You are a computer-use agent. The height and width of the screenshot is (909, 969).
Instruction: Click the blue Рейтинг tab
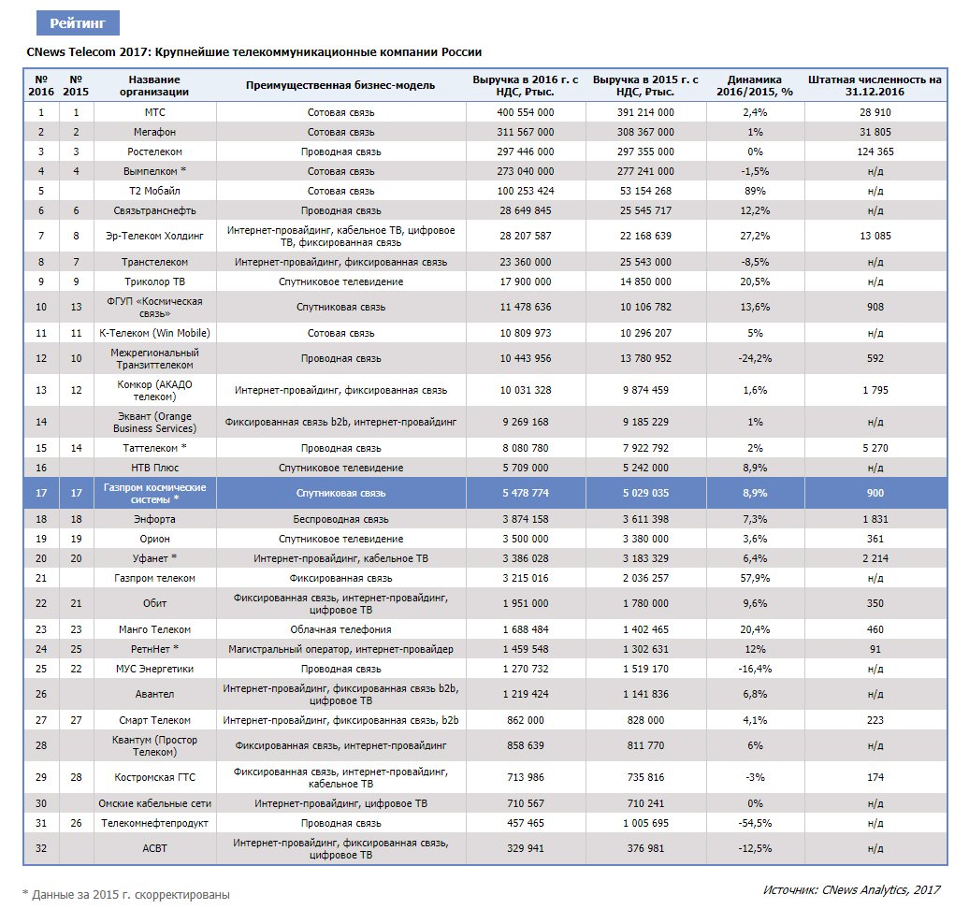click(x=78, y=23)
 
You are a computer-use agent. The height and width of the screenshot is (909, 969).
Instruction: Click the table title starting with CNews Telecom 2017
click(x=254, y=52)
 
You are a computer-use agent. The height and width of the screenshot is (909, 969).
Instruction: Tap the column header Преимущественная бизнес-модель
click(x=340, y=86)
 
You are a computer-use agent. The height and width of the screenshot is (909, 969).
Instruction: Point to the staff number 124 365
click(x=875, y=151)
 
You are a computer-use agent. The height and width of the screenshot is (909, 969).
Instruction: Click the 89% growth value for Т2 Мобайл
click(x=754, y=191)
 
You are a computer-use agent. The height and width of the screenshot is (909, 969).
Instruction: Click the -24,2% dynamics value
click(x=754, y=358)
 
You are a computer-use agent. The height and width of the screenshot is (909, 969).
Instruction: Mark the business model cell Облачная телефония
click(x=340, y=629)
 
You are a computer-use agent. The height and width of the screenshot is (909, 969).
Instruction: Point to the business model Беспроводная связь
click(x=340, y=518)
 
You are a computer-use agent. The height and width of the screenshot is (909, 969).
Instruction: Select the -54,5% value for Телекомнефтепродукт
click(x=754, y=823)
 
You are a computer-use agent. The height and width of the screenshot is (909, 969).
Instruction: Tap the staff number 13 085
click(x=875, y=236)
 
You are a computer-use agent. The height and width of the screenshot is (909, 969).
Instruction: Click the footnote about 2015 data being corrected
click(x=126, y=894)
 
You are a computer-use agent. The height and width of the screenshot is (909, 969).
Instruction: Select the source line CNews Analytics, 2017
click(x=851, y=889)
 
